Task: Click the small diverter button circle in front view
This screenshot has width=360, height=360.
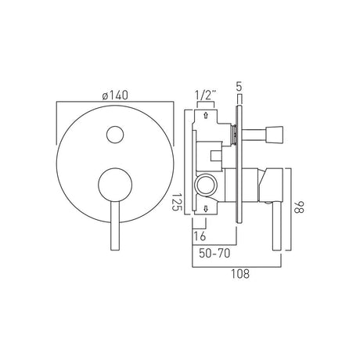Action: click(115, 135)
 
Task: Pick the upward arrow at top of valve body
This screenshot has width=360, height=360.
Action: click(205, 115)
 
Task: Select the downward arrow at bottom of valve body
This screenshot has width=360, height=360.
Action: click(205, 207)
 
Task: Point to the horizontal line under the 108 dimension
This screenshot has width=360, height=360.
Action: click(240, 265)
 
